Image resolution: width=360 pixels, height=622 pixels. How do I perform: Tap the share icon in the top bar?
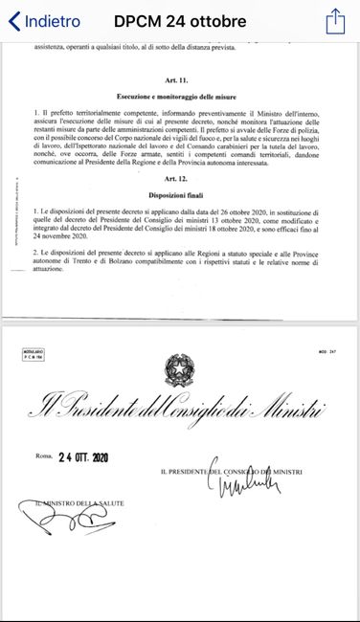334,19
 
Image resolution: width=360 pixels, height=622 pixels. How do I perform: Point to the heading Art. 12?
181,180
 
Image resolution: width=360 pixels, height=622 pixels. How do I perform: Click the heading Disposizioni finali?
181,196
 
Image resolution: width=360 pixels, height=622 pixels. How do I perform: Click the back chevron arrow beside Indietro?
13,20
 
